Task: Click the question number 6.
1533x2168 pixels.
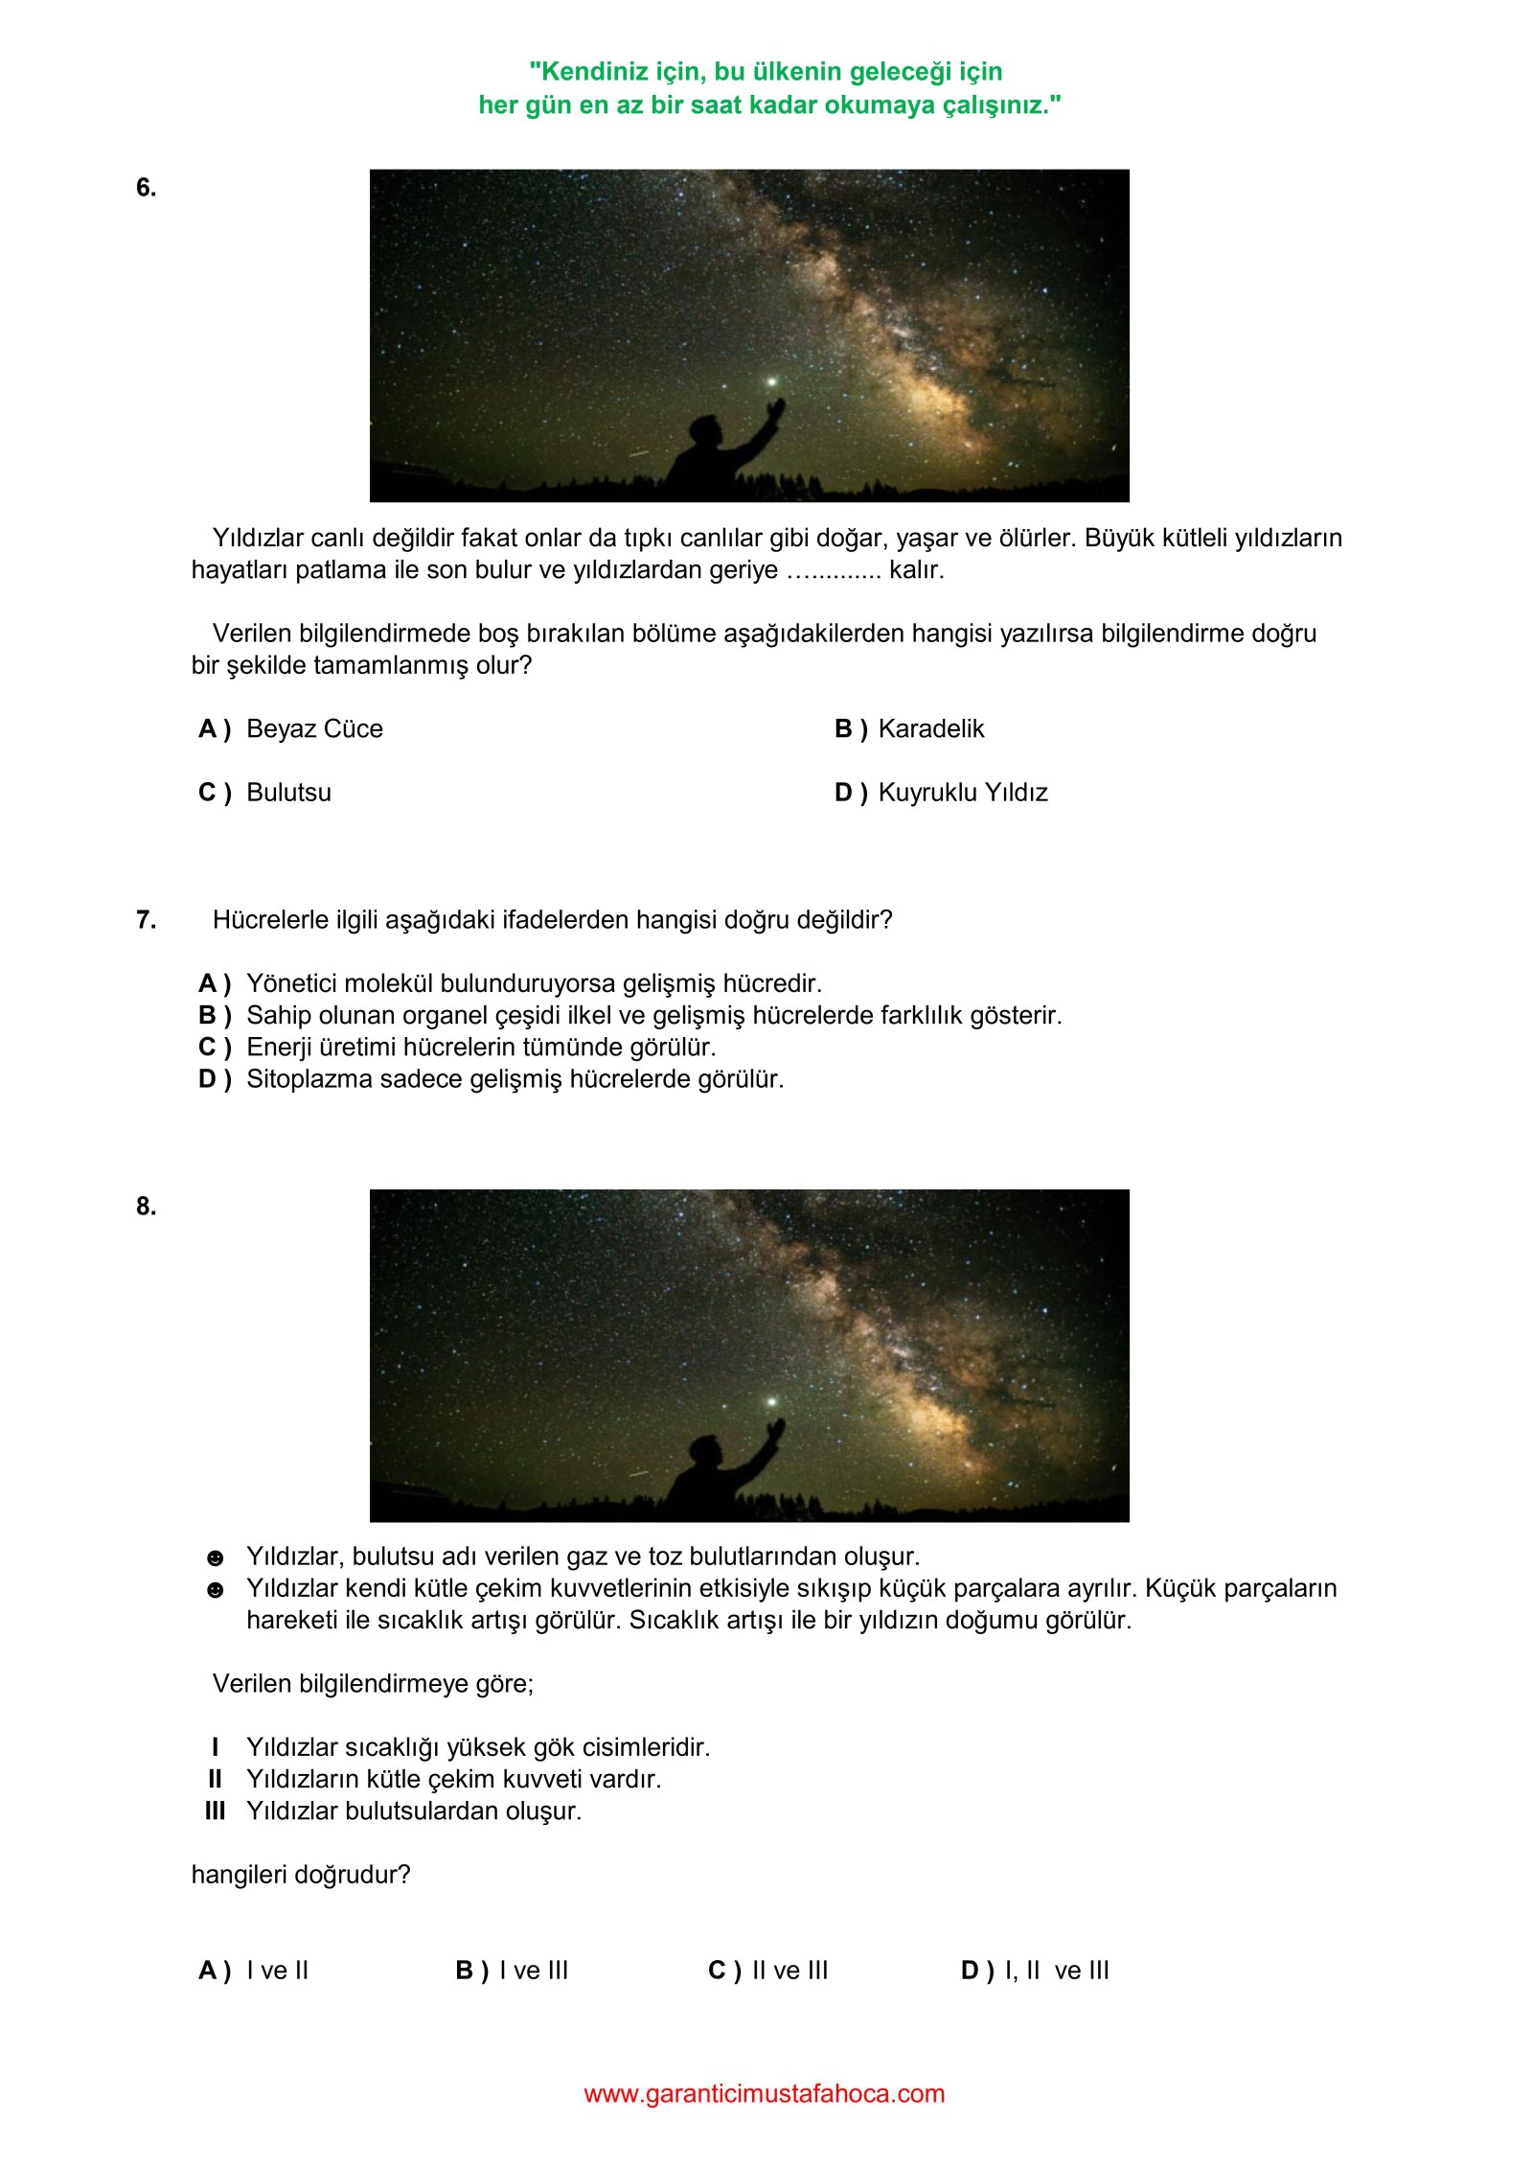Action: [146, 188]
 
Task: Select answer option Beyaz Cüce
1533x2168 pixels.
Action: [313, 729]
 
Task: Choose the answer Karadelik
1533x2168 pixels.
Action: [930, 729]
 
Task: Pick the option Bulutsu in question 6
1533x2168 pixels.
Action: [288, 793]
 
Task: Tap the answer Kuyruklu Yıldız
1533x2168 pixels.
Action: [962, 793]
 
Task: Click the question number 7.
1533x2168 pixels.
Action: [146, 920]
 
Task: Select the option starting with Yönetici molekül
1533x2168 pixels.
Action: [534, 983]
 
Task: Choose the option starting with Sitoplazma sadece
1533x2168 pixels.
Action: [515, 1079]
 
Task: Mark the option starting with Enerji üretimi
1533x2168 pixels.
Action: [481, 1047]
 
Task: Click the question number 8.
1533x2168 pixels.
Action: [146, 1207]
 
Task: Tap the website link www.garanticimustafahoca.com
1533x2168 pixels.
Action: [764, 2093]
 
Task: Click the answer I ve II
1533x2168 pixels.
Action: [277, 1971]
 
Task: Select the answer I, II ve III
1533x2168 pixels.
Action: [1056, 1971]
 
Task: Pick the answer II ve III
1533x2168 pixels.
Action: [789, 1971]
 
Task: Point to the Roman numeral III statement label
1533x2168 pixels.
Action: [215, 1811]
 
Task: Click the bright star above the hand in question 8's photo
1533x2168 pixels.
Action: [771, 1401]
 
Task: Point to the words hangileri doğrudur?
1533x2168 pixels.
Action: [301, 1875]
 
